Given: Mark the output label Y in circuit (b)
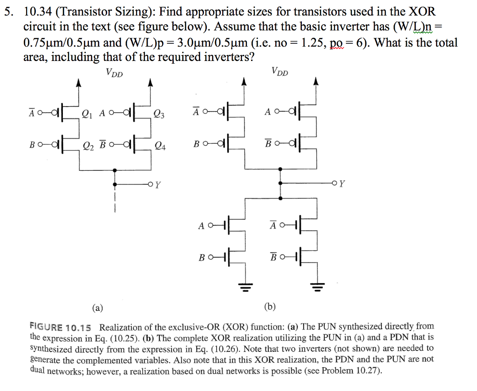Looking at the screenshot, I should point(342,183).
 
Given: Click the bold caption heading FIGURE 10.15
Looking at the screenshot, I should point(61,327).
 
